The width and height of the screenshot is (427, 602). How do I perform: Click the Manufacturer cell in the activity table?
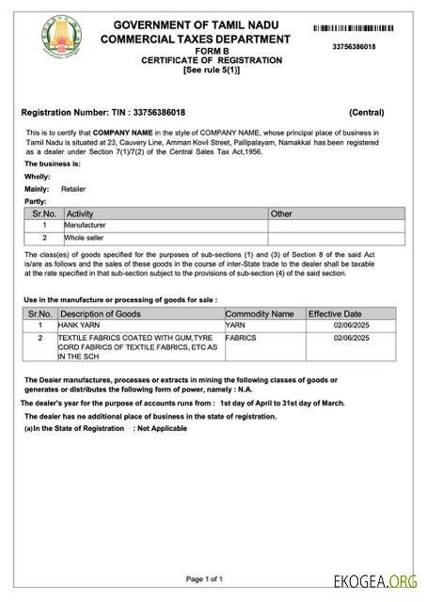click(85, 226)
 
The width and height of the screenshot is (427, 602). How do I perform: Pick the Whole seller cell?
click(84, 238)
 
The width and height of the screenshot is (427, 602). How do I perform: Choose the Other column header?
click(281, 214)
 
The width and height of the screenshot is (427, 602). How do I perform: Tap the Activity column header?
click(80, 214)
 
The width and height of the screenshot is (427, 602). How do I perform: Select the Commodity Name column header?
click(260, 313)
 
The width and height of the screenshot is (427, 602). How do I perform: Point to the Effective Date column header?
click(335, 313)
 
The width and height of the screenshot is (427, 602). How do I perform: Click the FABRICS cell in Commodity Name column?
click(241, 337)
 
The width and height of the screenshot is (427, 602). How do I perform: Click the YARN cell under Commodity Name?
click(234, 325)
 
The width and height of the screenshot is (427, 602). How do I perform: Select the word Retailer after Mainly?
click(73, 189)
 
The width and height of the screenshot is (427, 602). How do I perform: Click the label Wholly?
click(38, 177)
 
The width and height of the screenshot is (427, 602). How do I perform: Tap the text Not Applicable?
click(162, 428)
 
